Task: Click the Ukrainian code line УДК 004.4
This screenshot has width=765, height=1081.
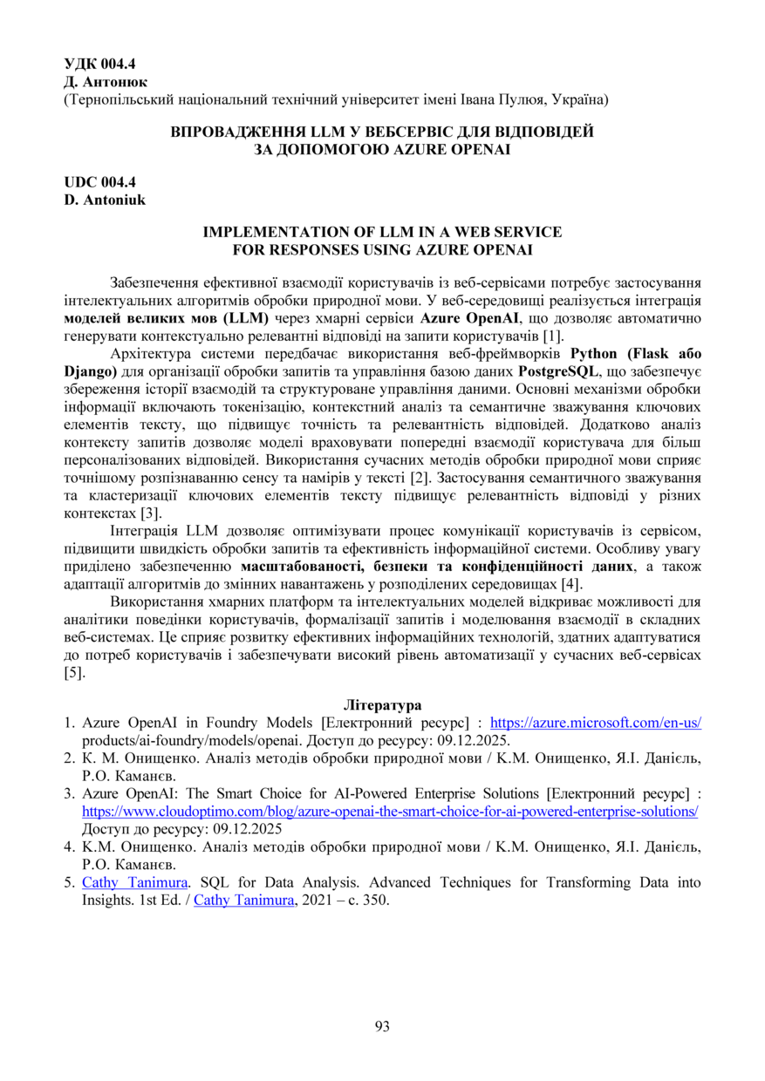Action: (x=100, y=64)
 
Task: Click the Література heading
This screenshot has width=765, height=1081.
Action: (x=383, y=704)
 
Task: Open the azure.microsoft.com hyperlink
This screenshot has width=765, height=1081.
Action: (x=596, y=723)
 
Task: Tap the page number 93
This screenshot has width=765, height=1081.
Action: (x=382, y=1026)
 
